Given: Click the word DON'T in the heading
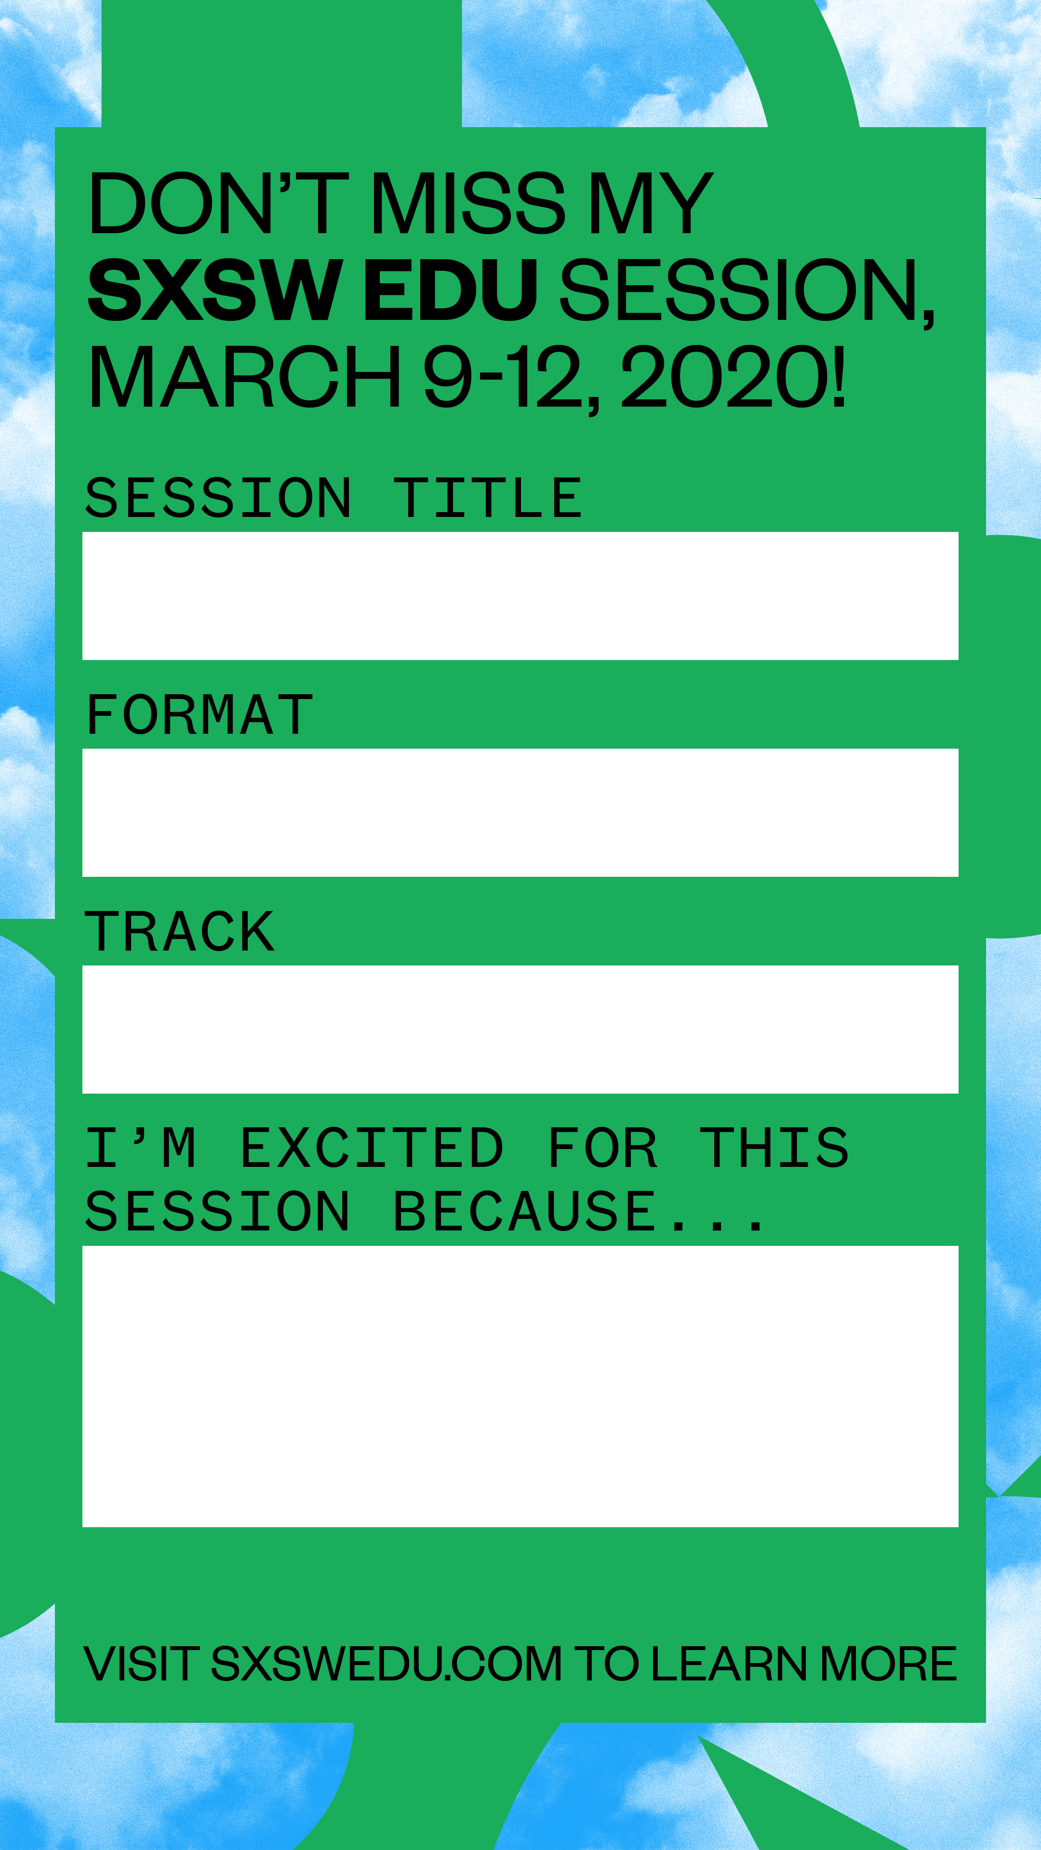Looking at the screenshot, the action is (x=218, y=203).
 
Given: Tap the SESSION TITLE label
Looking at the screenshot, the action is (x=334, y=498).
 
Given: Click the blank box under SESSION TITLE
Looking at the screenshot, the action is (x=520, y=595).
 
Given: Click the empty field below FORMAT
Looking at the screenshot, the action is (x=520, y=812).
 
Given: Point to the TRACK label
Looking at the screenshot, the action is (x=180, y=931).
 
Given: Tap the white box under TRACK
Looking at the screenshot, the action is (x=520, y=1029).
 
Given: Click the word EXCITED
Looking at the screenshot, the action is (x=372, y=1148).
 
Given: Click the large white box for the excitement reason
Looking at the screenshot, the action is (x=520, y=1386).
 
